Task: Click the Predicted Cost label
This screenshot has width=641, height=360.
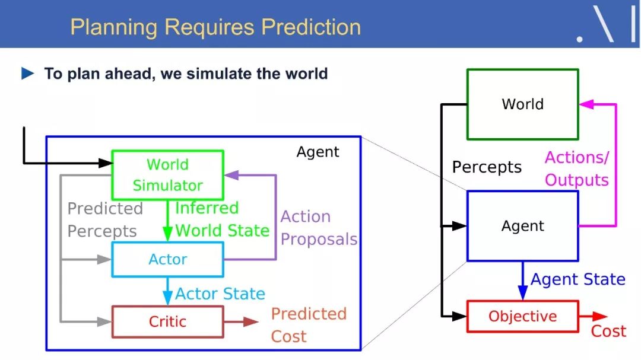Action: (309, 325)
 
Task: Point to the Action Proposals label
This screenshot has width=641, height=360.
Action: (319, 228)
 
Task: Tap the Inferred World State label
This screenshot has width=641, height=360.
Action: (222, 219)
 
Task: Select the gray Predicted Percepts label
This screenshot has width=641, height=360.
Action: (105, 220)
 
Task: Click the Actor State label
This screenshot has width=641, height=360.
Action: (220, 294)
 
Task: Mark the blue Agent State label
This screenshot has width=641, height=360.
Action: (577, 279)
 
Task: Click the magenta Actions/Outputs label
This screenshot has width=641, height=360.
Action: (577, 168)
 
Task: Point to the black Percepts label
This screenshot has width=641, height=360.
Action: (487, 167)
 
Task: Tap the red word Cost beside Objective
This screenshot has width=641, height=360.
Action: (608, 331)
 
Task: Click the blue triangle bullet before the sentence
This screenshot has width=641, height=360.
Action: (27, 74)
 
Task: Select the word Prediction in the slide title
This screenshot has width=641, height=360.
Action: (311, 27)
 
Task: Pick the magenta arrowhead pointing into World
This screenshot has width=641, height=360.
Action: (586, 104)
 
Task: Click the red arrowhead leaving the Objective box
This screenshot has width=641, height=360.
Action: (600, 316)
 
